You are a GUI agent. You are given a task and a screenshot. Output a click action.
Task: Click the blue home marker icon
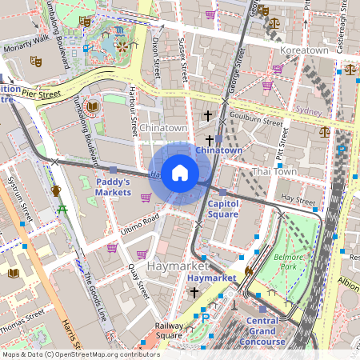coord(180,172)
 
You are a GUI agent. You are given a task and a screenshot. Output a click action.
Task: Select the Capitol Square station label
coord(222,209)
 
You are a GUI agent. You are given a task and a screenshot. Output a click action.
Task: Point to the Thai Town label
coord(274,171)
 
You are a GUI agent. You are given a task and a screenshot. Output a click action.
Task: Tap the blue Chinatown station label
coord(218,150)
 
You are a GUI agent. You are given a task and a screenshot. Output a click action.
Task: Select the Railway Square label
coord(170,330)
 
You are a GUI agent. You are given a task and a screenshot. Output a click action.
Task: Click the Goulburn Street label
coord(258,122)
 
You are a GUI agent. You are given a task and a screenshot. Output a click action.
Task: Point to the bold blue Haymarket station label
coord(212,278)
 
